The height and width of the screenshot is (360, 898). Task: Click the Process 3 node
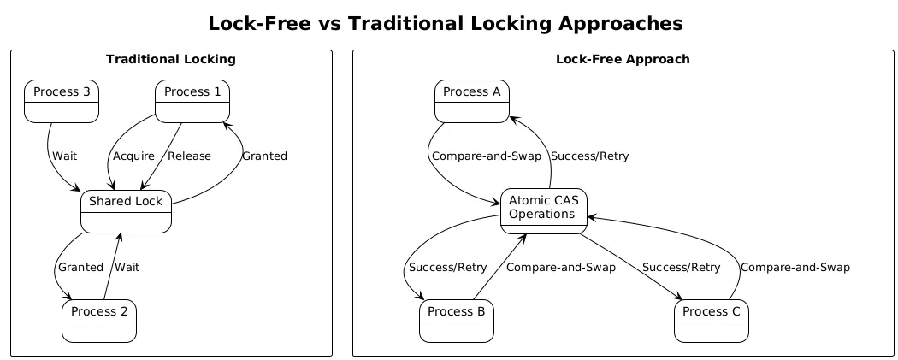(x=62, y=101)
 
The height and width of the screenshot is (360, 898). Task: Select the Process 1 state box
(x=192, y=101)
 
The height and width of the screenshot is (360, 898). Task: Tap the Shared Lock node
(x=127, y=210)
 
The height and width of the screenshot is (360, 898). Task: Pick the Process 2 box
(x=99, y=321)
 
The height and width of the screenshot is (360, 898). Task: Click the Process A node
(x=472, y=101)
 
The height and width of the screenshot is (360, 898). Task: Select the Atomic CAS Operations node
(x=544, y=210)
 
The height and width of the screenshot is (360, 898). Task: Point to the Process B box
(x=457, y=321)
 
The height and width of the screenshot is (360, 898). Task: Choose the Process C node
(x=712, y=321)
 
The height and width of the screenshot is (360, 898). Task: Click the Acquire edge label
(x=133, y=156)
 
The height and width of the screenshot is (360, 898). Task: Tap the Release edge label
(x=190, y=156)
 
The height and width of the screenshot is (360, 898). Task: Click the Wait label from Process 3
(x=65, y=156)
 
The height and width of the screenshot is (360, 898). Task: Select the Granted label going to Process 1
(x=264, y=156)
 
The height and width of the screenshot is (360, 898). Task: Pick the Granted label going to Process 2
(x=80, y=267)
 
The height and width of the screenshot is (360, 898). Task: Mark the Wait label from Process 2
(x=127, y=267)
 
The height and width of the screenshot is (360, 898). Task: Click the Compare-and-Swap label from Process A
(x=481, y=156)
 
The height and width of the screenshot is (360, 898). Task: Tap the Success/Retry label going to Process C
(x=681, y=267)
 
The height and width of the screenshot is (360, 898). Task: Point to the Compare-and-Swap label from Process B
(x=560, y=267)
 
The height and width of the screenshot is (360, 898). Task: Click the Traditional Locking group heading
(x=171, y=59)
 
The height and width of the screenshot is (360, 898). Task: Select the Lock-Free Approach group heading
(x=623, y=59)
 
